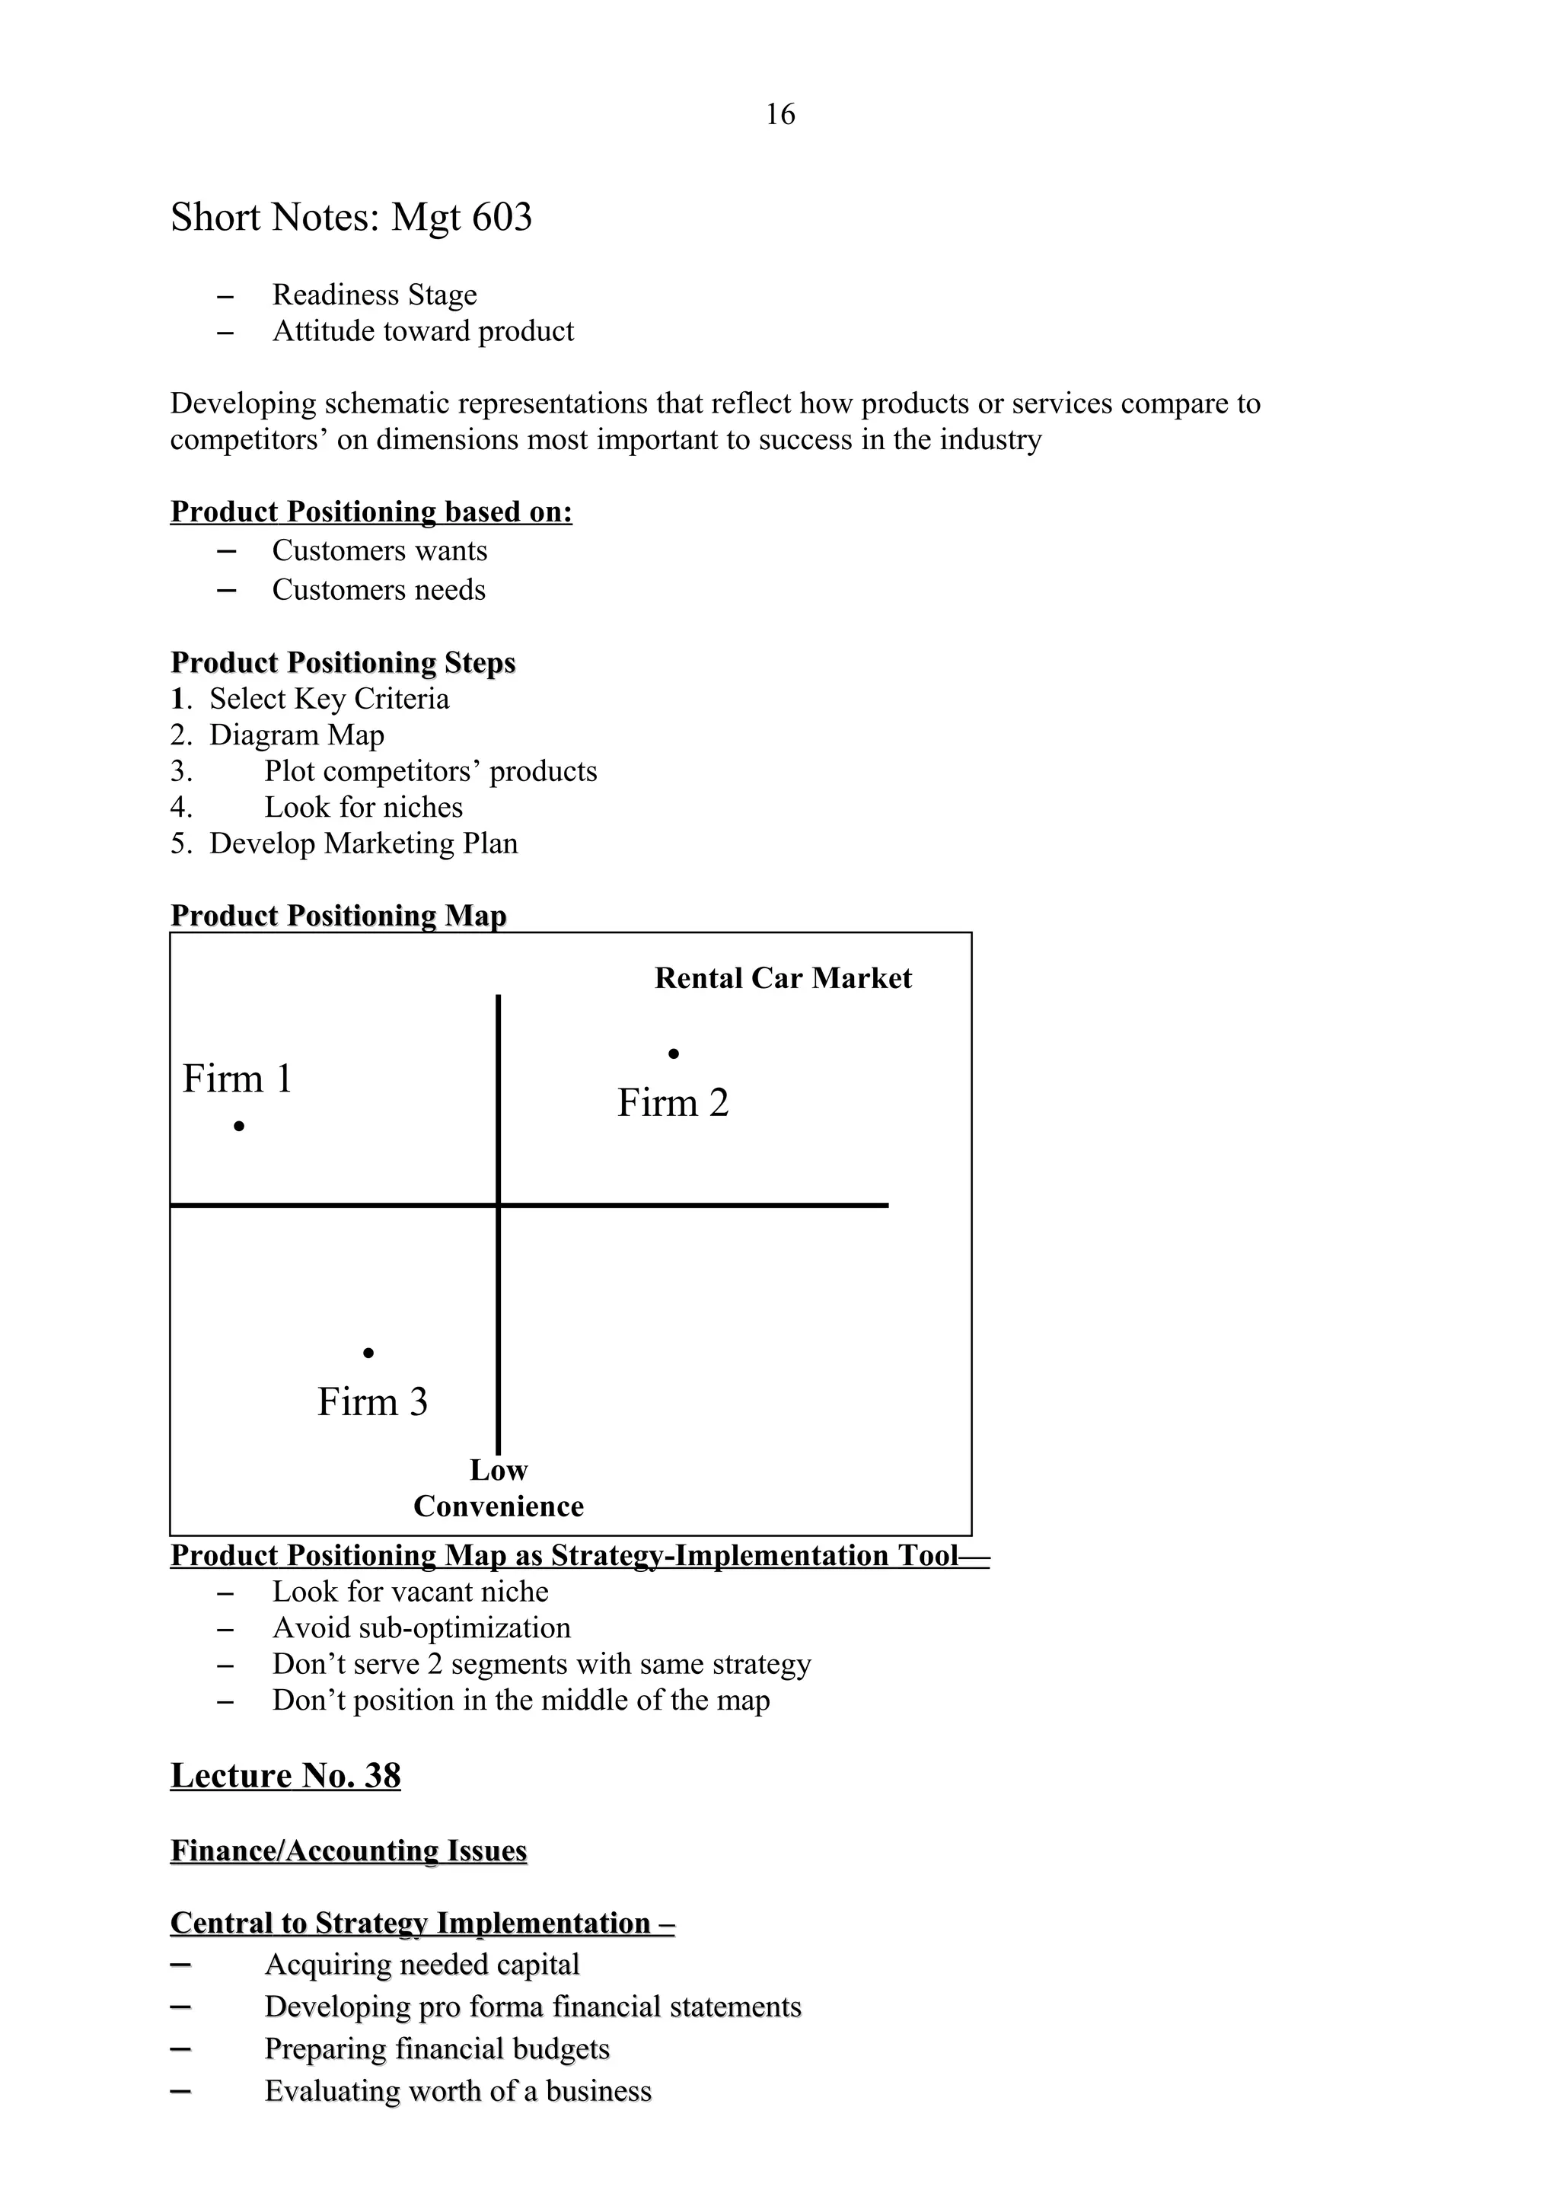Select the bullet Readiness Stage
(x=374, y=295)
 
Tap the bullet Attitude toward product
(x=422, y=331)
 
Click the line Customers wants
(x=379, y=550)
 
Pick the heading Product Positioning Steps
(x=343, y=663)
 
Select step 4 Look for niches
(x=363, y=807)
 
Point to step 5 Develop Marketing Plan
(x=363, y=843)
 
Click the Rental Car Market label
(x=783, y=978)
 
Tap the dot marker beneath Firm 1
(x=239, y=1125)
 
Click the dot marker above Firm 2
(x=674, y=1054)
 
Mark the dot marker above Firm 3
(x=368, y=1353)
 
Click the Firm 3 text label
(x=373, y=1402)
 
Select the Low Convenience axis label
(x=499, y=1488)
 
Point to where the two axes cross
(x=499, y=1204)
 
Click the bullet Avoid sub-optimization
(x=421, y=1627)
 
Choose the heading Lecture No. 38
(x=285, y=1776)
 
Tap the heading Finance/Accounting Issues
(x=349, y=1851)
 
